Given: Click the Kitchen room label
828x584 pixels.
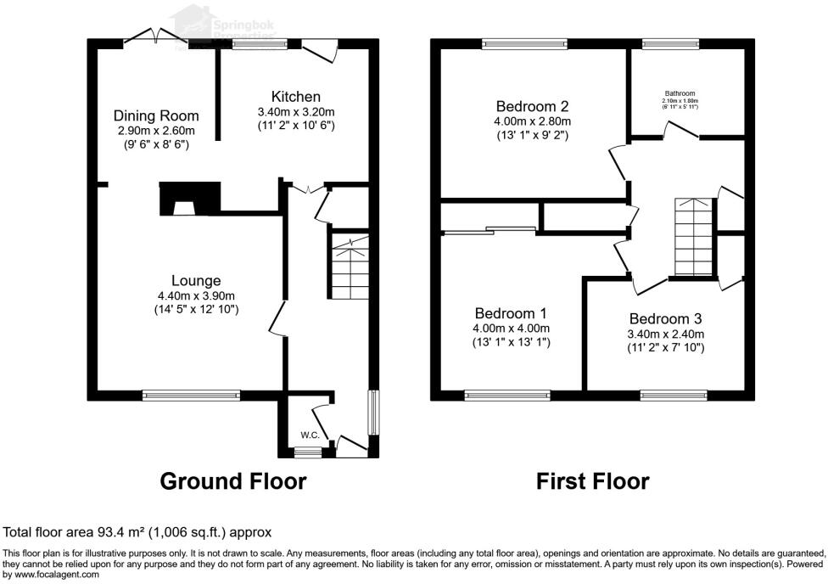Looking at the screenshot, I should [295, 97].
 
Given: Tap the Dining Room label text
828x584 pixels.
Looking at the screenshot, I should [156, 116].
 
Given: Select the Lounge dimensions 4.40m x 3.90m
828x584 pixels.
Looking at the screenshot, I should [196, 295].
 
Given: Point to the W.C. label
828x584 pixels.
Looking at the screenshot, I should [310, 435].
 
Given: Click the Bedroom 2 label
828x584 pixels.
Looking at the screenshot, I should [532, 107].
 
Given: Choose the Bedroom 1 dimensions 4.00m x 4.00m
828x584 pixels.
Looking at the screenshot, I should [511, 328].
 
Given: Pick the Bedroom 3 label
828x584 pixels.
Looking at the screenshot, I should [665, 319].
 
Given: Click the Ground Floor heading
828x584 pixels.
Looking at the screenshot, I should [233, 482].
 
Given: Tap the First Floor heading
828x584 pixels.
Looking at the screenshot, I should [592, 482].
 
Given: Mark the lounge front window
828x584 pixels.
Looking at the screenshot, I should [191, 394].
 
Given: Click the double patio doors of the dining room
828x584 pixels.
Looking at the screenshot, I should [155, 36].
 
